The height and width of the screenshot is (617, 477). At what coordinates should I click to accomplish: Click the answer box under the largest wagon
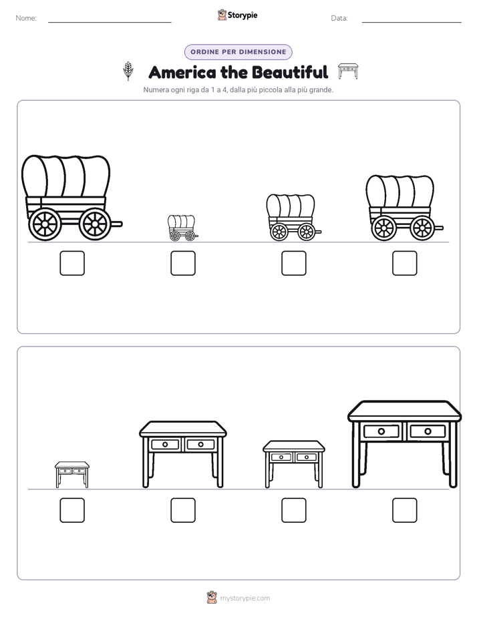point(72,263)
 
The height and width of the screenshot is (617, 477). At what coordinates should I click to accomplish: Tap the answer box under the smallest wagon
point(183,263)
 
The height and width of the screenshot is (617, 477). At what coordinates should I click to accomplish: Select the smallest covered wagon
point(182,228)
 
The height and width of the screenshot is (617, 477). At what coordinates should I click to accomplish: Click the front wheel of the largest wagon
point(95,224)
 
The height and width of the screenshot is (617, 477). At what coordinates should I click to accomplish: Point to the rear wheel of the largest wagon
point(45,224)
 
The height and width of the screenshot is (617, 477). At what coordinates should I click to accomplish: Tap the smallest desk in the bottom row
point(72,475)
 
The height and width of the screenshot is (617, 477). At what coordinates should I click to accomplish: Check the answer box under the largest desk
point(405,510)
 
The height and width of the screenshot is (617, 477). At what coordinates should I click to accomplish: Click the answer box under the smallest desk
point(72,510)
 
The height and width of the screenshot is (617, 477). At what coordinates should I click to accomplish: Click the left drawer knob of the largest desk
point(381,431)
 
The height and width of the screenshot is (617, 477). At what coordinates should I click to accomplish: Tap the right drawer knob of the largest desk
point(428,431)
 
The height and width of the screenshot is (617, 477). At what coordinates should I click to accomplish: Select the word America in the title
point(182,72)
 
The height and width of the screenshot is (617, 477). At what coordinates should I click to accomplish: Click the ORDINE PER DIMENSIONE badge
point(238,52)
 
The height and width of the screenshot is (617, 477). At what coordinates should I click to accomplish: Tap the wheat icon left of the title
point(128,71)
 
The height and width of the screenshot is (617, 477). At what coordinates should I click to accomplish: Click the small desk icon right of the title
point(348,71)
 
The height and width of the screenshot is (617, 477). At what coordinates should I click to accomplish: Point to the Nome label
point(26,18)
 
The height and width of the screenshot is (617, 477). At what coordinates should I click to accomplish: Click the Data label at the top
point(339,18)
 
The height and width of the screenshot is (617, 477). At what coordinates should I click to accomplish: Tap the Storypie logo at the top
point(238,15)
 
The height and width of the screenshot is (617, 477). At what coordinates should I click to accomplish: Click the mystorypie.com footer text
point(245,598)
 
